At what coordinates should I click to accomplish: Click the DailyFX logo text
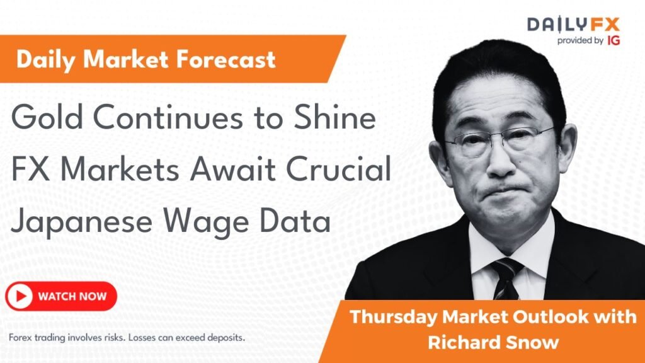coord(573,25)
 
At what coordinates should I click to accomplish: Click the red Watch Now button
coord(61,296)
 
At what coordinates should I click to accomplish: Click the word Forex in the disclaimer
coord(21,338)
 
